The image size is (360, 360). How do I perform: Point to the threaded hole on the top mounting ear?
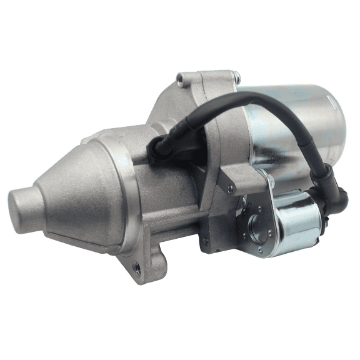click(180, 79)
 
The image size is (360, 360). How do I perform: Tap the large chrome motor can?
click(300, 131)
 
